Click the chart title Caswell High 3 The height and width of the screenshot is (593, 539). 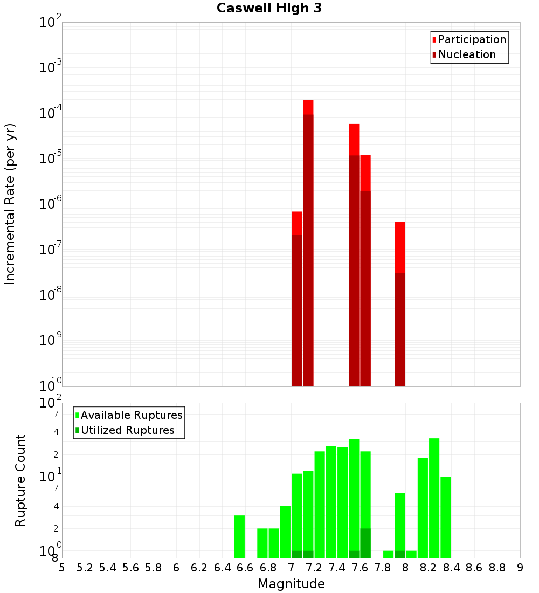click(x=269, y=9)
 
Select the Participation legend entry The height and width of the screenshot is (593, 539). click(x=472, y=39)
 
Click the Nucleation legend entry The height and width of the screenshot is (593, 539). click(x=467, y=54)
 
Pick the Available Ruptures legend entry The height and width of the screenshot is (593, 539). click(x=132, y=415)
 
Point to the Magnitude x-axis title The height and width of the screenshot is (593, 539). click(x=291, y=584)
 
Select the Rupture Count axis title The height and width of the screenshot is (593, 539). click(x=20, y=480)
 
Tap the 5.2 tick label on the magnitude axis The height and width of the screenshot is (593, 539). click(x=85, y=567)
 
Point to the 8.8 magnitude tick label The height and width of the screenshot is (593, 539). click(x=497, y=567)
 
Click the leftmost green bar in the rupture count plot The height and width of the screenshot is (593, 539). click(x=239, y=536)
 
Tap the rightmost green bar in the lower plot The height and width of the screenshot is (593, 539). click(x=445, y=517)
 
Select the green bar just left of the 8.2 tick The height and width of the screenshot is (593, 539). click(x=423, y=507)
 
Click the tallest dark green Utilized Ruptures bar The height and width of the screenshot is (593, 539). click(x=365, y=543)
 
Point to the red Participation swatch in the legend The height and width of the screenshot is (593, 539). click(x=434, y=40)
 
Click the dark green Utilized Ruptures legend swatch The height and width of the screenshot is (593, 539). click(x=77, y=430)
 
